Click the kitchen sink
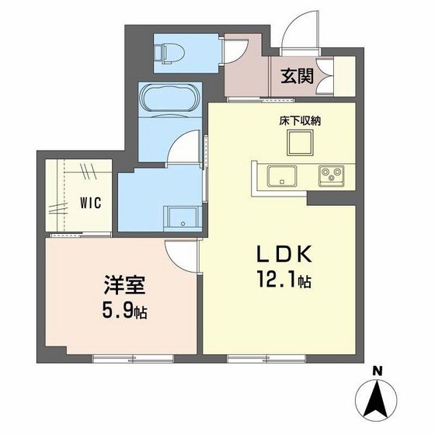pos(280,176)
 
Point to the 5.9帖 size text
pos(123,312)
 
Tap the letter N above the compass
pos(377,371)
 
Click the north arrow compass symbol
pos(377,398)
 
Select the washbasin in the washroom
pos(182,217)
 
